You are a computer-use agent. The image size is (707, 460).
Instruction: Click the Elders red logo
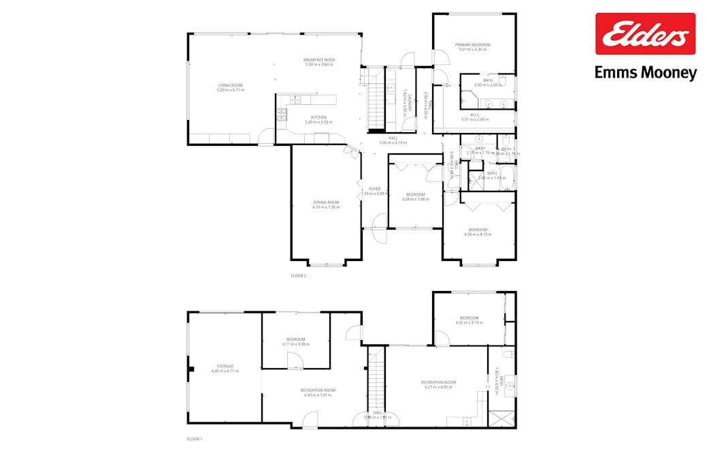pos(645,33)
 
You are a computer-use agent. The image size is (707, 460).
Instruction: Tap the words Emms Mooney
pos(645,72)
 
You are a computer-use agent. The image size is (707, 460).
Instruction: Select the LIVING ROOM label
pos(230,86)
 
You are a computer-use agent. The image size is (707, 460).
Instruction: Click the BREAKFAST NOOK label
pos(319,60)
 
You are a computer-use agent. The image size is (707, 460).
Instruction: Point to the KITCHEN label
pos(319,117)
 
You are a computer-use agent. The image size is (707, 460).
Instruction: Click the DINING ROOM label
pos(326,202)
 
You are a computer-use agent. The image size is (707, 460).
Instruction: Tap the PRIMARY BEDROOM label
pos(473,45)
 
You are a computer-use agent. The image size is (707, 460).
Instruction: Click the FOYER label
pos(374,189)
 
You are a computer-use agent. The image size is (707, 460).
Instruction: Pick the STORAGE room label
pos(225,366)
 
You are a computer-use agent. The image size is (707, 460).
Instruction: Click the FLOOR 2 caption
pos(299,276)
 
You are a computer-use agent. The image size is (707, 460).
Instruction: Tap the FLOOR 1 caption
pos(195,439)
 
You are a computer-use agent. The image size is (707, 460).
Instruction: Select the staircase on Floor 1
pos(376,385)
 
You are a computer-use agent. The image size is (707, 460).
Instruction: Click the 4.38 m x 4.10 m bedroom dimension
pos(477,234)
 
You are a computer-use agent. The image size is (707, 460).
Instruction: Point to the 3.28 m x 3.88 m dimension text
pos(416,199)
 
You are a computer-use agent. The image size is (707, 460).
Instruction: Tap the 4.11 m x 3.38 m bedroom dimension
pos(296,344)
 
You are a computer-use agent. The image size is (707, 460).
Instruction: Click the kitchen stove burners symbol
pos(282,114)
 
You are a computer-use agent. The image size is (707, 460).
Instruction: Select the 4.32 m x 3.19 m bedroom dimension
pos(469,322)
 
